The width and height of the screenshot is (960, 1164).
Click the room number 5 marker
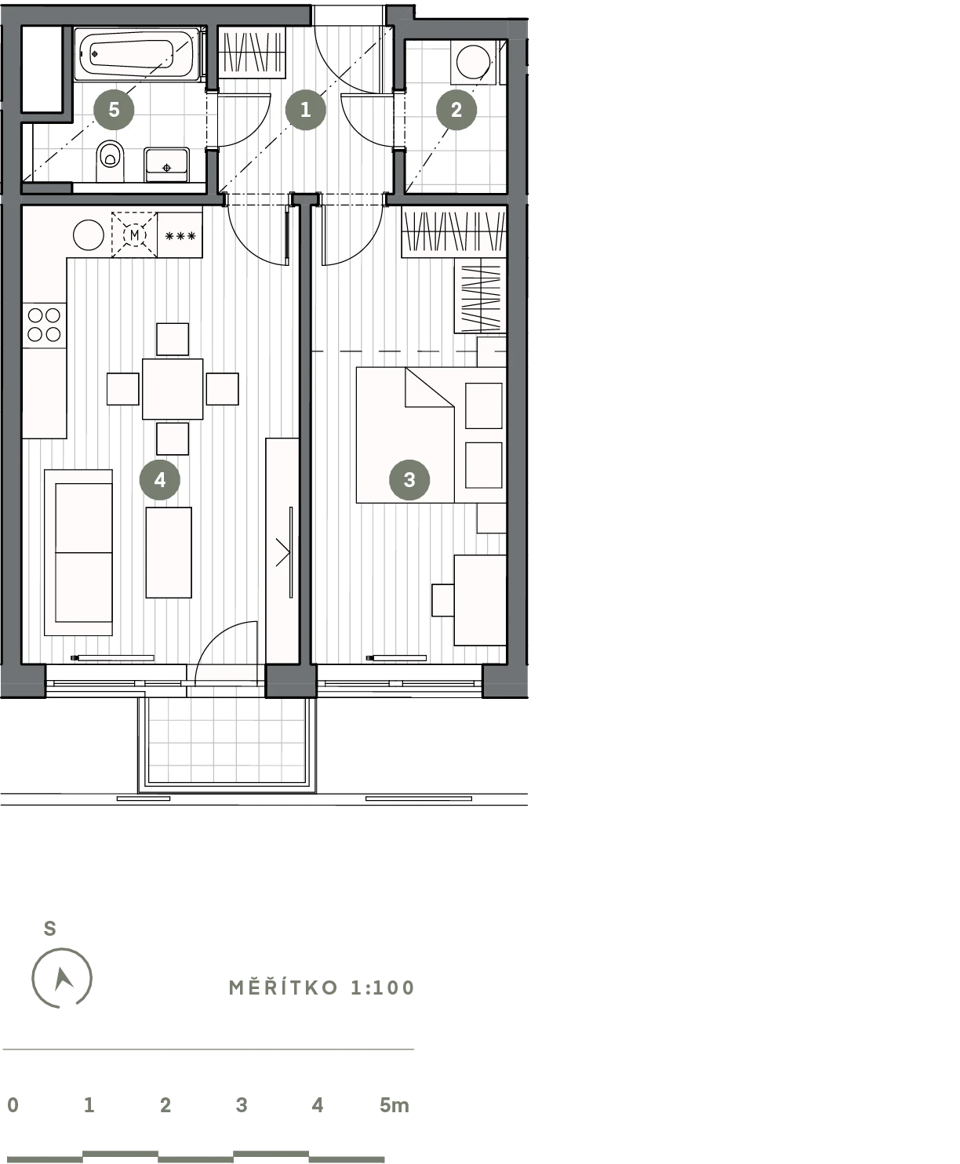[114, 110]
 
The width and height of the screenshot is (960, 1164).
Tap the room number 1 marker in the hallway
[306, 110]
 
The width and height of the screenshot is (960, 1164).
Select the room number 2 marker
[456, 110]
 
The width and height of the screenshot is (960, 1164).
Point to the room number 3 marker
[409, 479]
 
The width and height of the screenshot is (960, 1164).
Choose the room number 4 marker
[160, 479]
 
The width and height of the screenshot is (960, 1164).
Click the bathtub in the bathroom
[136, 55]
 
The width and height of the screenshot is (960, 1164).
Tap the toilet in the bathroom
[110, 161]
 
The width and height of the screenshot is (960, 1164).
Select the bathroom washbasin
[166, 165]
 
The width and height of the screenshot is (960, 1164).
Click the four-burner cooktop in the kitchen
[44, 325]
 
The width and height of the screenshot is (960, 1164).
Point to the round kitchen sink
[88, 235]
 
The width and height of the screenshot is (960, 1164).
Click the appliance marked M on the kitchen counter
[134, 235]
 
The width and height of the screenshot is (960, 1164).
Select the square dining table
[173, 389]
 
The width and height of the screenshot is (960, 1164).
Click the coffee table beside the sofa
[169, 552]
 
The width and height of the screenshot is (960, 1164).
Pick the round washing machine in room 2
[473, 60]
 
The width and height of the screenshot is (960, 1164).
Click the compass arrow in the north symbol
[63, 980]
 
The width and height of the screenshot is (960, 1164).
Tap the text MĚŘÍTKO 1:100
[322, 988]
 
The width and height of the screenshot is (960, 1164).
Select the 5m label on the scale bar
[395, 1105]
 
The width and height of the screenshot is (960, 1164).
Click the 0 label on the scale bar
[13, 1105]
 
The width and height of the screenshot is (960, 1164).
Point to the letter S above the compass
[50, 928]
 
